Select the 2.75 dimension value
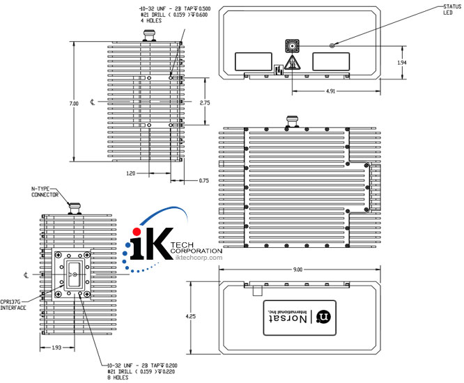[205, 102]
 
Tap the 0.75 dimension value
[203, 180]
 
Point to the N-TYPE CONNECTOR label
[45, 192]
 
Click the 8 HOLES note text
[116, 379]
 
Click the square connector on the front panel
[291, 47]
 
